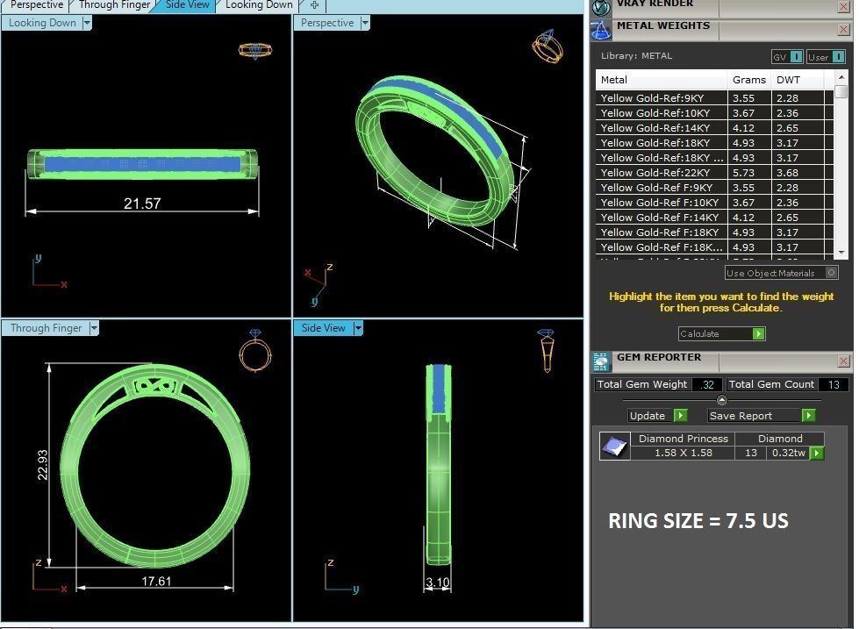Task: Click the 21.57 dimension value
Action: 142,204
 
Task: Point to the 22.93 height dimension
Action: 42,465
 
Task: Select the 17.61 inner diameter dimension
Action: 155,581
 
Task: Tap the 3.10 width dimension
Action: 437,582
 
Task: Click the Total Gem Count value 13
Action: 833,384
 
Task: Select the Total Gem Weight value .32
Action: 707,384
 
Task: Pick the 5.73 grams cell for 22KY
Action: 743,173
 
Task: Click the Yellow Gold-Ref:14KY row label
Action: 655,128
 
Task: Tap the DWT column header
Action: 788,80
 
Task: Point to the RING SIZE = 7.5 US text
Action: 698,521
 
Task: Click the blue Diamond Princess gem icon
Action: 614,447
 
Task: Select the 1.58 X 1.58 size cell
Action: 684,454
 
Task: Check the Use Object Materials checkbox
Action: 832,273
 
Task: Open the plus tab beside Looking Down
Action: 314,5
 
